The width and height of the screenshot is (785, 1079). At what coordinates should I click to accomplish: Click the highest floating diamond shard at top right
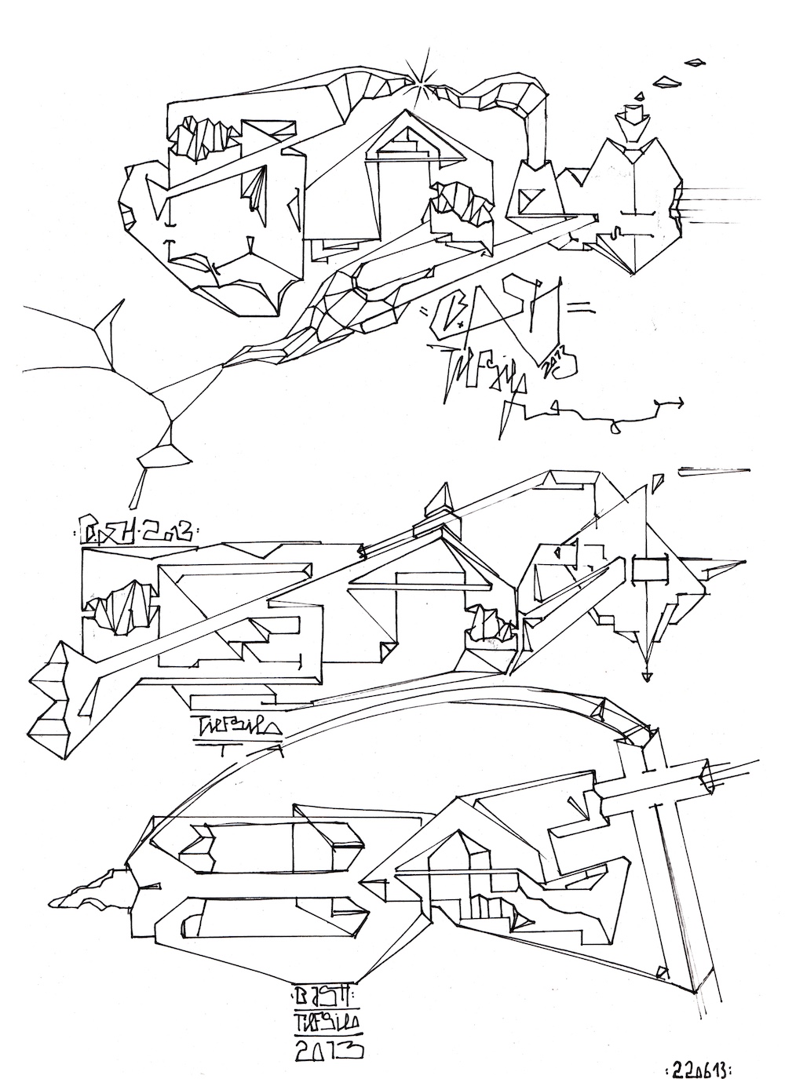pyautogui.click(x=694, y=60)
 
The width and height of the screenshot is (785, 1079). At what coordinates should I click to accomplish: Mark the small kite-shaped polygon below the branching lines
pyautogui.click(x=163, y=454)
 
